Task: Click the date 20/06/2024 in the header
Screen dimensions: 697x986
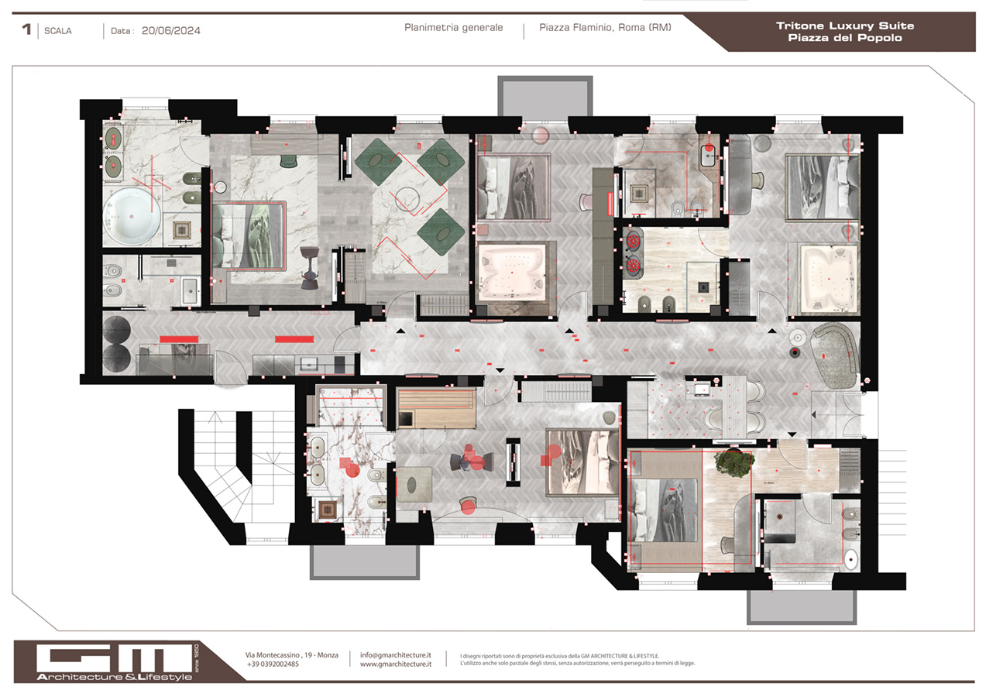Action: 171,31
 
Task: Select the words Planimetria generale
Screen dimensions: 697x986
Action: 453,28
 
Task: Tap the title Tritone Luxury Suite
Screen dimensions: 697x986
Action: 844,26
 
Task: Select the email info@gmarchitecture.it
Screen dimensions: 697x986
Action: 396,654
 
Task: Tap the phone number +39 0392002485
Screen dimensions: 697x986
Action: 273,664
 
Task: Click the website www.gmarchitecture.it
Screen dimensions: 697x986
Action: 395,664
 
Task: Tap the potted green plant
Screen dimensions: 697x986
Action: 734,462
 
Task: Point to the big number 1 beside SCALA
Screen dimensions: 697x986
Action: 27,30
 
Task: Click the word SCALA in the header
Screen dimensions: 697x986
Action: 58,32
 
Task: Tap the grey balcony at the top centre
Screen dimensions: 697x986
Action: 545,98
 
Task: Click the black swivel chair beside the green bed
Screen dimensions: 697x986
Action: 310,267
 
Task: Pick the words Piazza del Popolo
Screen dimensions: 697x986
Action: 844,38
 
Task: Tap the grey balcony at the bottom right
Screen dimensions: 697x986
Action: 801,607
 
